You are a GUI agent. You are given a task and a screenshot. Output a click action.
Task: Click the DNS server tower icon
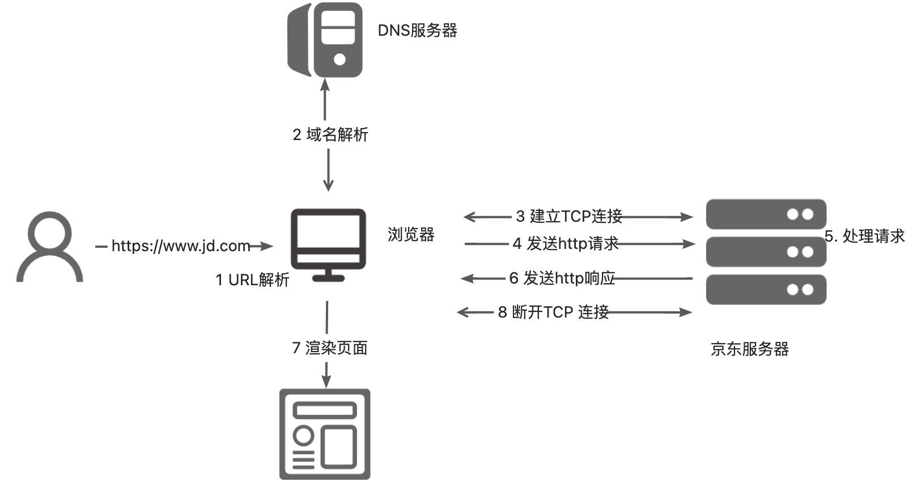pyautogui.click(x=325, y=40)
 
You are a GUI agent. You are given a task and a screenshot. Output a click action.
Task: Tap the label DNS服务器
pyautogui.click(x=417, y=31)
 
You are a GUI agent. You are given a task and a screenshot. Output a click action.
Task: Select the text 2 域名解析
pyautogui.click(x=330, y=135)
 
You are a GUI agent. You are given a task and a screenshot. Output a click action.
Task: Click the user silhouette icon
pyautogui.click(x=50, y=247)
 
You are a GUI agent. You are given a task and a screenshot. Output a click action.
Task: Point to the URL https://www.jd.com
pyautogui.click(x=181, y=246)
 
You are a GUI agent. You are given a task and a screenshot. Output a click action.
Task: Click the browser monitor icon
pyautogui.click(x=328, y=244)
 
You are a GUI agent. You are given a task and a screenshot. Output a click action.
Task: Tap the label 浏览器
pyautogui.click(x=411, y=235)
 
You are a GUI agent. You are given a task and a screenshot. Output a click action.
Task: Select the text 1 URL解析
pyautogui.click(x=253, y=280)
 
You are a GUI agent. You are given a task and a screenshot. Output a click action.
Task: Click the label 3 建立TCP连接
pyautogui.click(x=569, y=217)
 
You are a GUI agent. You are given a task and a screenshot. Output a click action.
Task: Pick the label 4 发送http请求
pyautogui.click(x=566, y=244)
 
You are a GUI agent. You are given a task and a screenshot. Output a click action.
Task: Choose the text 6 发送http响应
pyautogui.click(x=562, y=278)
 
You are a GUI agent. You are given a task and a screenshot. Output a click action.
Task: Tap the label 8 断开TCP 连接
pyautogui.click(x=553, y=312)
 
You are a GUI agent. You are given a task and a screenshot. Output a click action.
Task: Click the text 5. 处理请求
pyautogui.click(x=865, y=236)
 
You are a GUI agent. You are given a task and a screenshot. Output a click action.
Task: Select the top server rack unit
pyautogui.click(x=766, y=214)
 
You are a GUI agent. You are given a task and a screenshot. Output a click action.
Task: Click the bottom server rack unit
pyautogui.click(x=766, y=289)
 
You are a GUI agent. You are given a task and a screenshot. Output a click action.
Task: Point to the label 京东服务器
pyautogui.click(x=749, y=349)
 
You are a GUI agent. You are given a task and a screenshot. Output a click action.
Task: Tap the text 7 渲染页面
pyautogui.click(x=330, y=348)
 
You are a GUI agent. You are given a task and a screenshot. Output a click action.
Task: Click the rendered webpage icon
pyautogui.click(x=325, y=434)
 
